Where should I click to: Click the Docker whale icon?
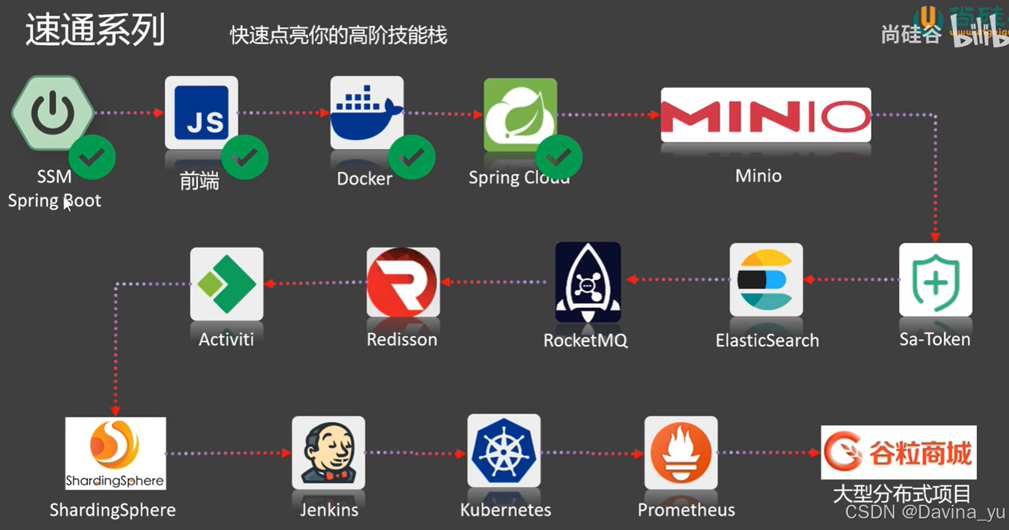click(367, 111)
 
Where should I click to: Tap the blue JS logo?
click(201, 112)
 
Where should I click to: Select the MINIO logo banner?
click(765, 115)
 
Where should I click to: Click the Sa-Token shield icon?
click(935, 279)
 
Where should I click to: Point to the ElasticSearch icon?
click(766, 279)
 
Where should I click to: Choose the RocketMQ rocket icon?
click(588, 281)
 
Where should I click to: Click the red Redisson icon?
click(403, 282)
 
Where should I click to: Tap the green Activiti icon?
click(227, 283)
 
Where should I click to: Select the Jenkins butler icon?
click(328, 452)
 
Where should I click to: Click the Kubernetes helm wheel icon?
click(504, 451)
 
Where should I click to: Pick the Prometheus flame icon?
click(681, 452)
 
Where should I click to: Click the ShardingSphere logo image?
click(115, 453)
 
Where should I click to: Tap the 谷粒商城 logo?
click(898, 452)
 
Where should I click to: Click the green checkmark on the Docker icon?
click(412, 158)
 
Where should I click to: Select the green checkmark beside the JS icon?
click(244, 158)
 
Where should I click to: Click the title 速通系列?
click(96, 31)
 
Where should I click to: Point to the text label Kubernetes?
click(505, 510)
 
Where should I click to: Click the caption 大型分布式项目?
click(901, 493)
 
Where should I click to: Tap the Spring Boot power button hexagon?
click(53, 113)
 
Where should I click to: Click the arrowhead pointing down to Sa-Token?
click(935, 236)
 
